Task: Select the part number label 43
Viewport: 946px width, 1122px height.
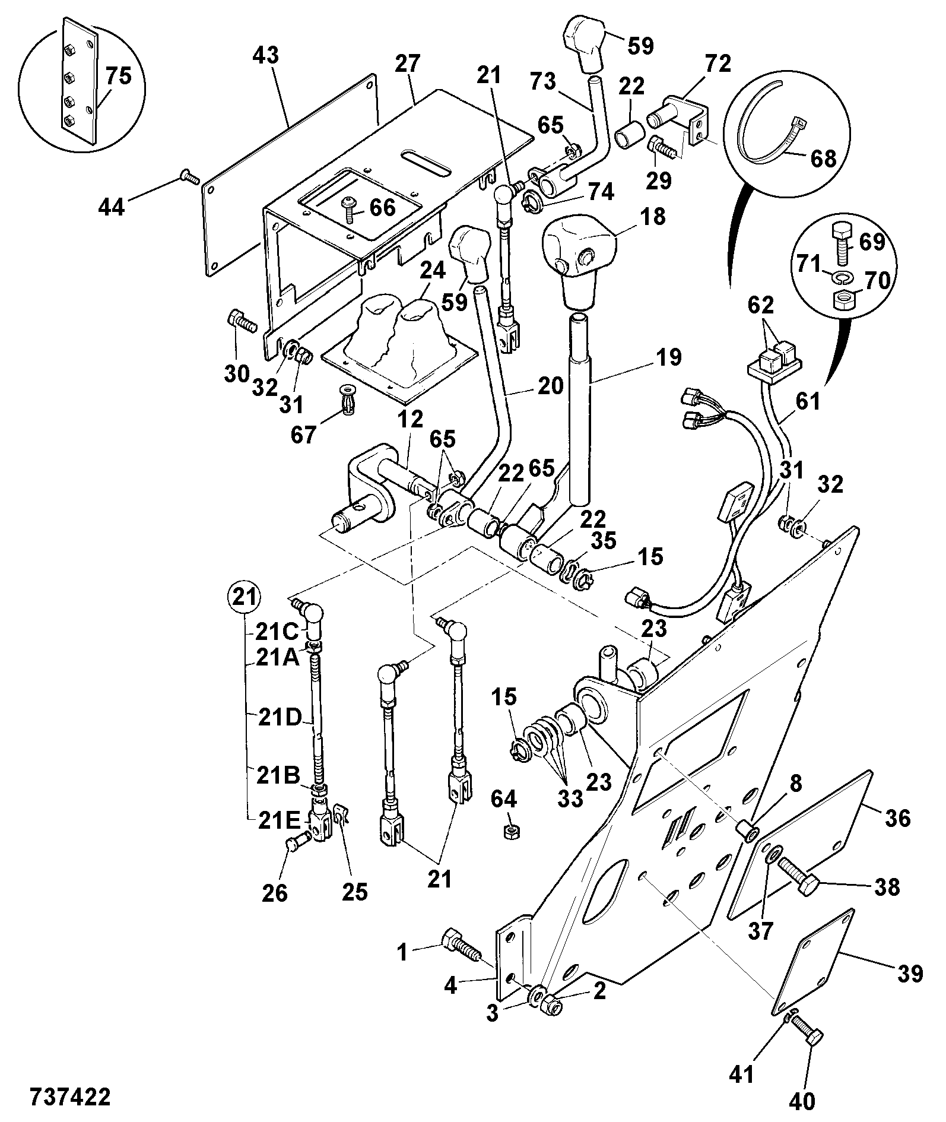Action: (265, 56)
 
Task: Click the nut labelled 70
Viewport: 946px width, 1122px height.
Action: (843, 300)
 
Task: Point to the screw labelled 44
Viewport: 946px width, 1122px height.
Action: (188, 177)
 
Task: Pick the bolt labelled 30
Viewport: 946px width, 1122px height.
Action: (240, 321)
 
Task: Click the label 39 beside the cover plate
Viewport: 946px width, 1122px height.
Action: (907, 973)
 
